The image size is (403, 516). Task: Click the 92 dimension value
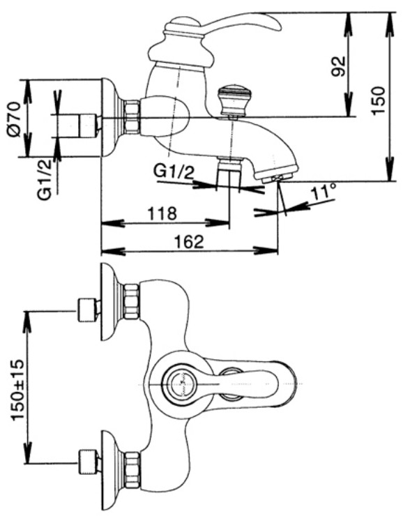click(x=339, y=66)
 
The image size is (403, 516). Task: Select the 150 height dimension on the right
click(x=379, y=100)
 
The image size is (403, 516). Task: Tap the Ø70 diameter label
click(x=14, y=119)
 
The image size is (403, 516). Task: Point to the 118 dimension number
click(x=162, y=213)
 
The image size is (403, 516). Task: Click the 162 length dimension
click(x=188, y=242)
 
